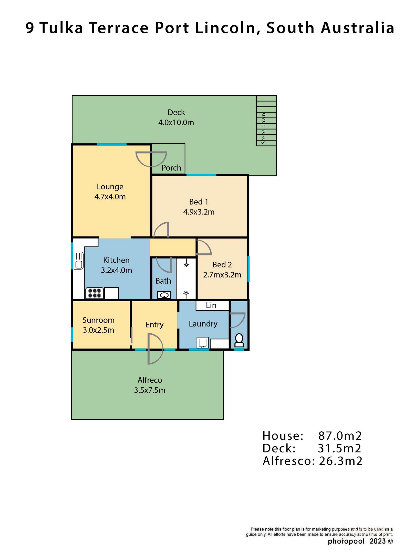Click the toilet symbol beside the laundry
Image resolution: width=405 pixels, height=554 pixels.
[x=239, y=340]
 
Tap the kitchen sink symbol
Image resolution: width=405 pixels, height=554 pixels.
[x=79, y=261]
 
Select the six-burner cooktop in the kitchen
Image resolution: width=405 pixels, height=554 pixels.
[x=95, y=293]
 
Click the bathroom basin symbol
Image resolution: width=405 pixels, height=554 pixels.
[x=164, y=295]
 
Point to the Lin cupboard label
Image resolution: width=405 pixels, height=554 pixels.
[x=211, y=305]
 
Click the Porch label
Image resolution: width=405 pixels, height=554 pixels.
[x=171, y=168]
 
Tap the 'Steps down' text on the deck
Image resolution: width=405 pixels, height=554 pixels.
[x=263, y=128]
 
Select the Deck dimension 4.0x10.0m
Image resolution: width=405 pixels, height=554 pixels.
[x=176, y=122]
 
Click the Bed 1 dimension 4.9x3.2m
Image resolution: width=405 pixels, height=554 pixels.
[x=199, y=212]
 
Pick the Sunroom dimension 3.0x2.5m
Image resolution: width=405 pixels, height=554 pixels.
[x=98, y=330]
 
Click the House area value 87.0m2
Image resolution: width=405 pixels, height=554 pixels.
[x=340, y=436]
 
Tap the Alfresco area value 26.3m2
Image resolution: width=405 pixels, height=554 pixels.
[x=340, y=461]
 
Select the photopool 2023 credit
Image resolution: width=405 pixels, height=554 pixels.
[x=360, y=541]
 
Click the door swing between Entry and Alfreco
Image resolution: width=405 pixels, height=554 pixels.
[x=155, y=349]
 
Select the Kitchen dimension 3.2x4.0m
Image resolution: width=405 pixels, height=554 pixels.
[x=116, y=270]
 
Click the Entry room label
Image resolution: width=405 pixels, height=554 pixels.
[x=154, y=324]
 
